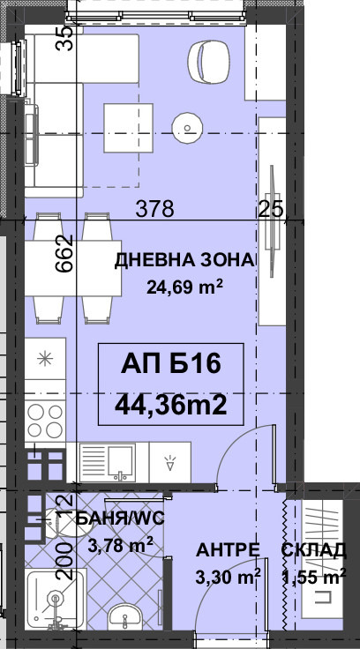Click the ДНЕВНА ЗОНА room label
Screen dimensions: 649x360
click(x=184, y=259)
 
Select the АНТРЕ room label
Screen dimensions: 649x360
click(x=228, y=551)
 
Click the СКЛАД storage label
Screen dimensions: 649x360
click(x=314, y=552)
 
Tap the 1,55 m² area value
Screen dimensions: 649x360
click(x=313, y=578)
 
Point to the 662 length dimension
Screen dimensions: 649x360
click(x=64, y=256)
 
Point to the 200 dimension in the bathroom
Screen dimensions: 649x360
click(x=64, y=561)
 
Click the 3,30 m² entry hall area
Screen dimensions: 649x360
click(x=228, y=578)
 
